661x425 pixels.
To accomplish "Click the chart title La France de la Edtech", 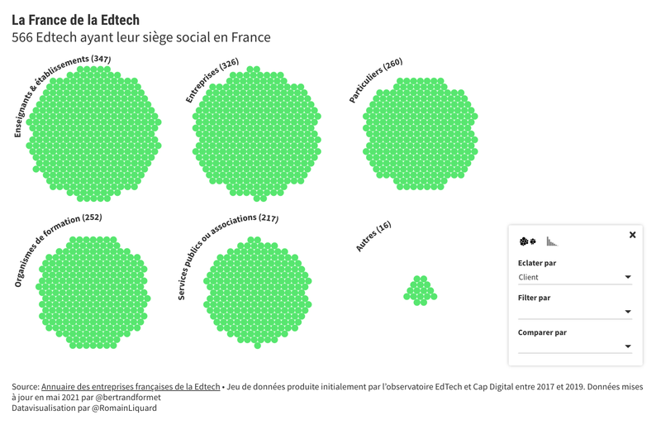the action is [75, 20].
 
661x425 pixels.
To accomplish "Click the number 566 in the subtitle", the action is [22, 37].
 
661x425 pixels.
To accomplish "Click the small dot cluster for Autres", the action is [421, 291].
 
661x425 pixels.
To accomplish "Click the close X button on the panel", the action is [632, 235].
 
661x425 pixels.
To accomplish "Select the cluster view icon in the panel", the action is [527, 241].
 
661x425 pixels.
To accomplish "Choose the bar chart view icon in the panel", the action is [551, 241].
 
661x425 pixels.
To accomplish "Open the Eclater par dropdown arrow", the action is [628, 277].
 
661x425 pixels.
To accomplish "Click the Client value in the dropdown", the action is [528, 277].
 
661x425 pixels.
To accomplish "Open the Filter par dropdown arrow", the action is [628, 312].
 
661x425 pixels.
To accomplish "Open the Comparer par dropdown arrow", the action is [628, 346].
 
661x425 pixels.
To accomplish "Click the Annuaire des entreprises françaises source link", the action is [131, 387].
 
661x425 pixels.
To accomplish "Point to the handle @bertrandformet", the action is [128, 398].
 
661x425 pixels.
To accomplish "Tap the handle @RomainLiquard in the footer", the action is [124, 408].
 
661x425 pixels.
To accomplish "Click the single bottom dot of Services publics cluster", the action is [258, 346].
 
